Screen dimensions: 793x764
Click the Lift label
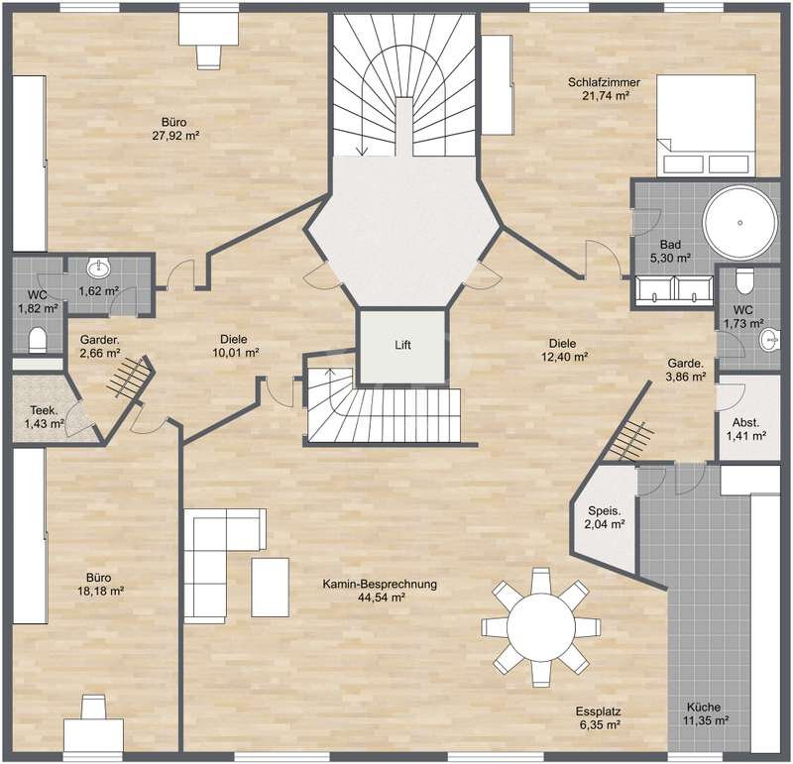point(402,346)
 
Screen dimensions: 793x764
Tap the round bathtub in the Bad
point(739,223)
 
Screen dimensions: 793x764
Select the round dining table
point(540,627)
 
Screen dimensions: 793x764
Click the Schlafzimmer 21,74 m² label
point(604,88)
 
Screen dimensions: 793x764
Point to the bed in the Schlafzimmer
point(706,126)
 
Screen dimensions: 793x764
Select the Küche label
point(704,708)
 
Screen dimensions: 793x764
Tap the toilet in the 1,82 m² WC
point(38,339)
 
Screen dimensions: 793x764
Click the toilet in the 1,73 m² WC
point(745,280)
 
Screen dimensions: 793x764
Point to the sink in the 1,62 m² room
point(98,268)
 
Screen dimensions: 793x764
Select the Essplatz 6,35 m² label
point(598,718)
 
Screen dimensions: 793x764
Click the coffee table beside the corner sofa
point(270,587)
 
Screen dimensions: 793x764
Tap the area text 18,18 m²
point(101,591)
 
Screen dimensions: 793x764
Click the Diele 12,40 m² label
point(564,350)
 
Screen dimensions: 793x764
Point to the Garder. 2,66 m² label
point(100,347)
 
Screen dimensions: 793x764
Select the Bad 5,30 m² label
point(671,252)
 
